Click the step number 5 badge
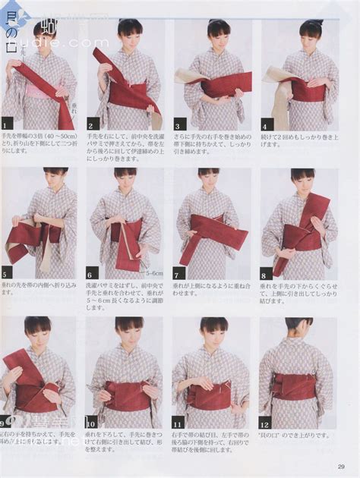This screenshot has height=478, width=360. (6, 274)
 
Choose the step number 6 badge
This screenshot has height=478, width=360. (92, 274)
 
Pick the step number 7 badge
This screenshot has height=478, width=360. (178, 274)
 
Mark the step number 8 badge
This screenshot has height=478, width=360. (265, 274)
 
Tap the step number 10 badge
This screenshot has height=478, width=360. (92, 423)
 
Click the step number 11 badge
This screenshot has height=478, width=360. (178, 423)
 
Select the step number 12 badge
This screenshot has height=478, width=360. (265, 423)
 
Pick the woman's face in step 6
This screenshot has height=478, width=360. (125, 181)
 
